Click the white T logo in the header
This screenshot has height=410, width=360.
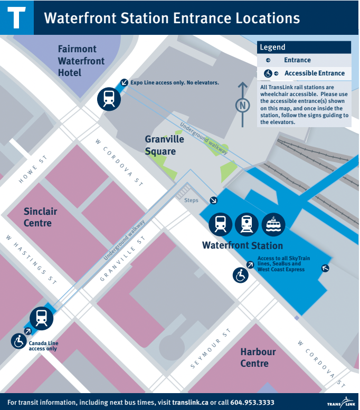click(16, 17)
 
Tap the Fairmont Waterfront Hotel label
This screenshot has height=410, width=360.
click(81, 61)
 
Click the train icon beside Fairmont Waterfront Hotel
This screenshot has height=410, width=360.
click(109, 98)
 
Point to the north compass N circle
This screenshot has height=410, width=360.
click(243, 106)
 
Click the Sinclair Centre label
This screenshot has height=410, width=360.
click(40, 217)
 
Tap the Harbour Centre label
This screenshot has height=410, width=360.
click(258, 358)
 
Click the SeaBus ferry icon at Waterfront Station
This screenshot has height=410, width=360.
click(273, 224)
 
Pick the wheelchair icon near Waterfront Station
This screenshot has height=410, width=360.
click(241, 274)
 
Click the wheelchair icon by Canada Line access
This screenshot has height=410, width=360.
click(19, 341)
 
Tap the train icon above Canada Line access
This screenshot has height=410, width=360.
click(41, 318)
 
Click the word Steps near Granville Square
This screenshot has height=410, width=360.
click(191, 201)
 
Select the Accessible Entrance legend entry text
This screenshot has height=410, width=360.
click(314, 73)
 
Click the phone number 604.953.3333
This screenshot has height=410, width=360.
click(252, 402)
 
